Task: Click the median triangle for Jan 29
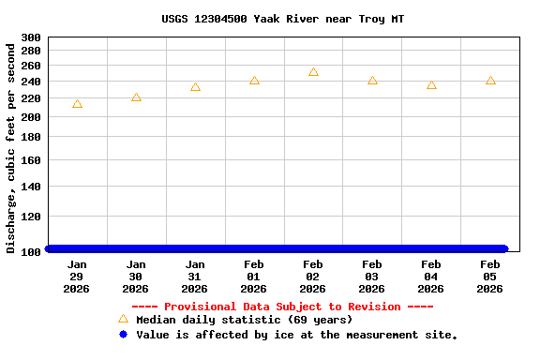[77, 104]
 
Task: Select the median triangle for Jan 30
[136, 97]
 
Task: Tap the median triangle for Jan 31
[195, 87]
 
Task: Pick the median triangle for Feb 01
[254, 81]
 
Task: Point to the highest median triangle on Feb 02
[313, 72]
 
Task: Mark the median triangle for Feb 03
[372, 81]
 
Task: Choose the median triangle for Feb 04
[431, 85]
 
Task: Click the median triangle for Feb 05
[490, 81]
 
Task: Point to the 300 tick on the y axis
[31, 38]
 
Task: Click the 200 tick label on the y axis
[31, 117]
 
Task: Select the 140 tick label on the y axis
[31, 187]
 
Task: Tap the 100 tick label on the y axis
[31, 252]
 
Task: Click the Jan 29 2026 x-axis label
[77, 277]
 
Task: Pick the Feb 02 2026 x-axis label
[313, 277]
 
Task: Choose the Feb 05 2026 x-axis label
[490, 277]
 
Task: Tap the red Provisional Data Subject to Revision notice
[282, 307]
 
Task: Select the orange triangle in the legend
[123, 319]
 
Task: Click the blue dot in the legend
[123, 335]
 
